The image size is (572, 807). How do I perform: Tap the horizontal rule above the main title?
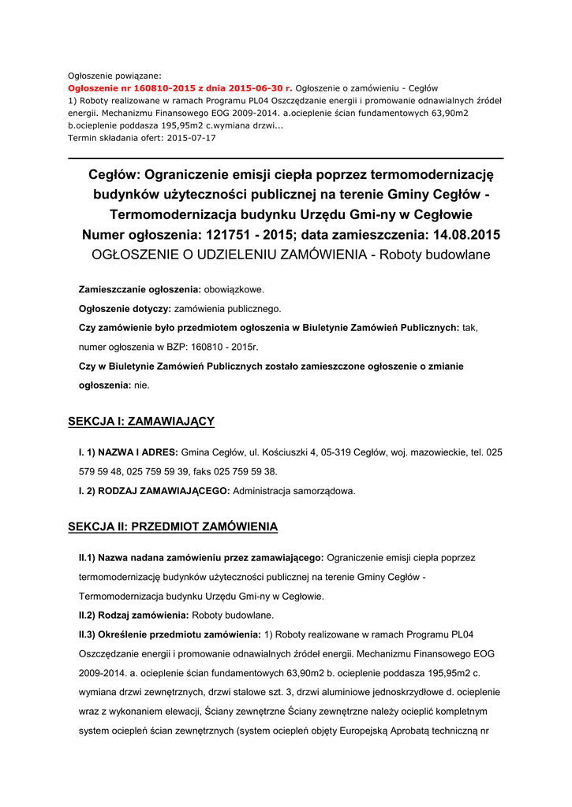286,158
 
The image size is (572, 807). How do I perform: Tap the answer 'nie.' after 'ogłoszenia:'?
142,385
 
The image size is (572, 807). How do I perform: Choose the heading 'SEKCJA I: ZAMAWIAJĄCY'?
141,422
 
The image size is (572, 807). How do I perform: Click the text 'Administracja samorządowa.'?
294,491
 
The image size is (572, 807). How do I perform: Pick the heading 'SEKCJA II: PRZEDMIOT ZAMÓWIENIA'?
173,526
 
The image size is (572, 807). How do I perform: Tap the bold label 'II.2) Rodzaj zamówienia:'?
133,615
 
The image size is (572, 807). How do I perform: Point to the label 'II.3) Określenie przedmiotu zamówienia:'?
170,634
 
